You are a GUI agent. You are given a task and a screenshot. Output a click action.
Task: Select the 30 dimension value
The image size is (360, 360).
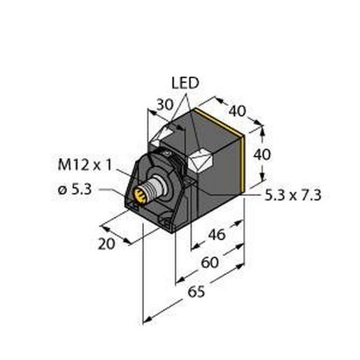164,104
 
